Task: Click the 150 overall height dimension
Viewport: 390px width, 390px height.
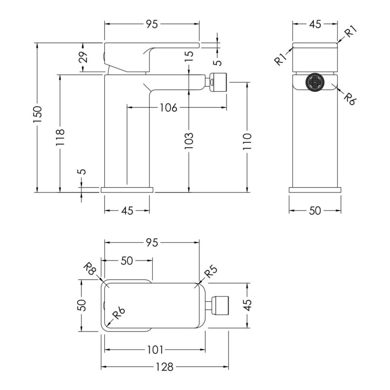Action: pyautogui.click(x=38, y=114)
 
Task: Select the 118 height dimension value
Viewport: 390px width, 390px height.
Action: pyautogui.click(x=60, y=137)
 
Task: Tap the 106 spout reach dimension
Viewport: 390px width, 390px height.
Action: pyautogui.click(x=168, y=107)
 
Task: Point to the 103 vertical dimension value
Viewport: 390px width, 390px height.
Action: pyautogui.click(x=189, y=140)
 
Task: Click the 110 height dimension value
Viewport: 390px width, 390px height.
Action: pyautogui.click(x=247, y=141)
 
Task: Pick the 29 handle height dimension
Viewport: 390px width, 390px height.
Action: pyautogui.click(x=84, y=57)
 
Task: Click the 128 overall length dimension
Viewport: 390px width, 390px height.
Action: pyautogui.click(x=164, y=367)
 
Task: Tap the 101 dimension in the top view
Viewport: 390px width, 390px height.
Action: pyautogui.click(x=155, y=350)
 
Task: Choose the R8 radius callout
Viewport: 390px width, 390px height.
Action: pyautogui.click(x=89, y=269)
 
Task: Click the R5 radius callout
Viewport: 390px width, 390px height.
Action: pyautogui.click(x=211, y=272)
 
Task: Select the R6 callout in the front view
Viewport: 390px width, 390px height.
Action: pyautogui.click(x=350, y=99)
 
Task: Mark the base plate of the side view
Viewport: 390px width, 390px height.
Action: pyautogui.click(x=127, y=190)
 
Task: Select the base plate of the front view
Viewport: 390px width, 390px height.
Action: pyautogui.click(x=315, y=190)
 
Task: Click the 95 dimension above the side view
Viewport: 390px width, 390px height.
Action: pyautogui.click(x=152, y=24)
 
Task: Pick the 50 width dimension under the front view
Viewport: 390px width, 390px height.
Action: pyautogui.click(x=315, y=211)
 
